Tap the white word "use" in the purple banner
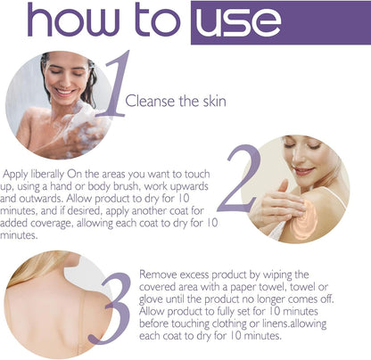coord(238,22)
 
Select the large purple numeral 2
coord(240,178)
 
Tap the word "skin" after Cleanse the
coord(215,101)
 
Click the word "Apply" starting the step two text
coord(16,175)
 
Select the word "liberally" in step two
coord(48,174)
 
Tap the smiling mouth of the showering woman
coord(64,92)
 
